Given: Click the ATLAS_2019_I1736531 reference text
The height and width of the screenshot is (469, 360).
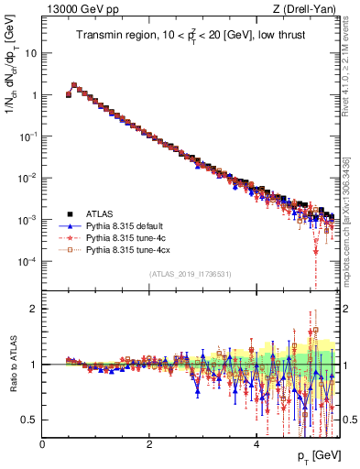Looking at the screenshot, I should [x=190, y=274].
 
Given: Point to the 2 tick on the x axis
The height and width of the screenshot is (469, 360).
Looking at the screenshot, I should [x=149, y=444].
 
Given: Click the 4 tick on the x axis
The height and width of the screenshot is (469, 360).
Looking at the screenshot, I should [x=256, y=444].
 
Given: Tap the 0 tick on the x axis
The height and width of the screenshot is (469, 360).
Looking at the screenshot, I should [x=43, y=444].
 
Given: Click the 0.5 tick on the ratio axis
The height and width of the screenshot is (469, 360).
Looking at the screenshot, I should [x=29, y=420].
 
